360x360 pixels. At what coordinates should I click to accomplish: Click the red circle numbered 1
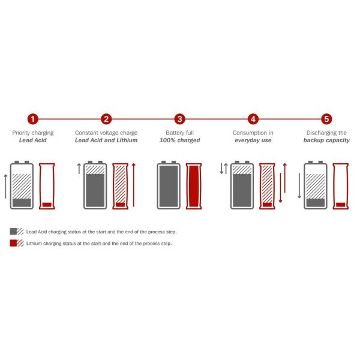[33, 119]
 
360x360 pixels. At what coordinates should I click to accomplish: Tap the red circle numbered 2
[106, 119]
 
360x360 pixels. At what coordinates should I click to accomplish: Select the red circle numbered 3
[179, 119]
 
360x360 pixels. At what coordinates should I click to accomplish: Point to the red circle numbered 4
[253, 119]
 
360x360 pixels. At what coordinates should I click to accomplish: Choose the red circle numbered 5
[326, 119]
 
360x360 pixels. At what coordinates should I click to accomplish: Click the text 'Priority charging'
[33, 132]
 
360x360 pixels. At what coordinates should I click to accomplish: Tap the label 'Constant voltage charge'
[106, 132]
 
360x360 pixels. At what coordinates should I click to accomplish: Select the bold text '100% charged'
[179, 140]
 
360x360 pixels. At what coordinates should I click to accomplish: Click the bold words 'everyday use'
[253, 140]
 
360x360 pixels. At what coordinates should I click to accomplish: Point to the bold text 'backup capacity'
[326, 140]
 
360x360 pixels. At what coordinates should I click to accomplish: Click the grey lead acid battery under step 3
[169, 185]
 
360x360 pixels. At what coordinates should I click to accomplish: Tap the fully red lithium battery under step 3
[193, 186]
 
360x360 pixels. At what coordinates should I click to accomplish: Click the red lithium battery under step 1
[47, 186]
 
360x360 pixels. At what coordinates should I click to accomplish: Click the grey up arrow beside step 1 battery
[6, 186]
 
